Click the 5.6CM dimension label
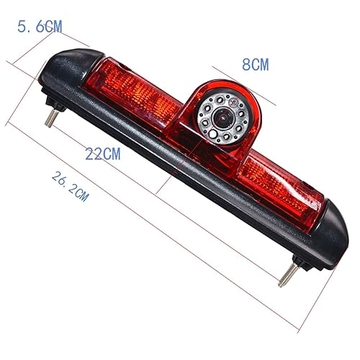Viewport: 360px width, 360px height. point(40,27)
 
